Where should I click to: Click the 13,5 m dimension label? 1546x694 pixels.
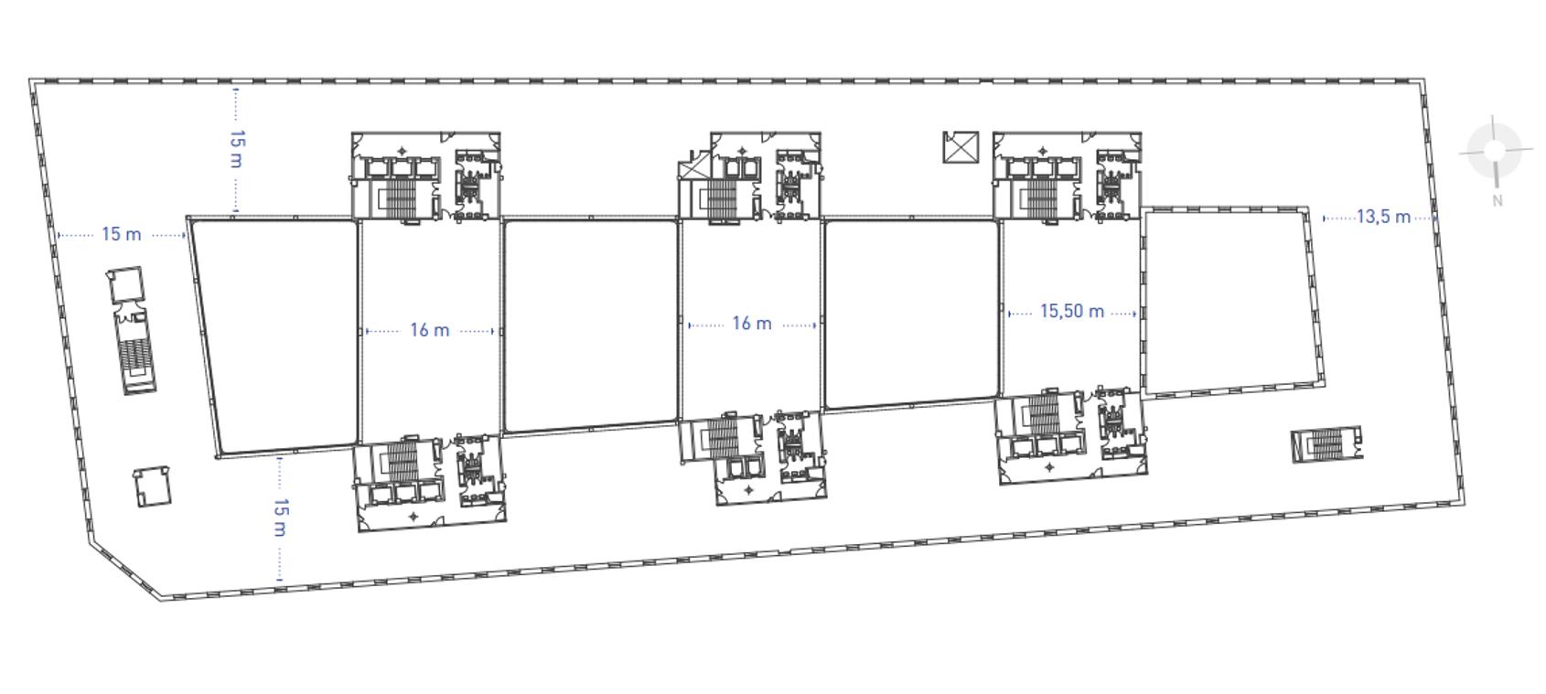(x=1382, y=218)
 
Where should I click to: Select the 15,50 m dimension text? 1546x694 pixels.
(x=1071, y=312)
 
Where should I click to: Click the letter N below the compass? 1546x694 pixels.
(x=1497, y=201)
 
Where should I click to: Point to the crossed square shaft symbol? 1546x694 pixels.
(x=961, y=147)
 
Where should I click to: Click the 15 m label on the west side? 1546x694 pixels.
(x=121, y=235)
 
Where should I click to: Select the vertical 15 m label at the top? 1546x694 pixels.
(x=237, y=149)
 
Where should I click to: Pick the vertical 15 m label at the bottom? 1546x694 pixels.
(x=281, y=518)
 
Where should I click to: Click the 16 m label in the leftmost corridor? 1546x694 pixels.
(x=429, y=330)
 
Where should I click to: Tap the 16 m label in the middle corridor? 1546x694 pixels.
(x=751, y=324)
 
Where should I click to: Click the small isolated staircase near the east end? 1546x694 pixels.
(x=1326, y=445)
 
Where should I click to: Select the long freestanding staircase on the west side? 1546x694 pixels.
(x=135, y=352)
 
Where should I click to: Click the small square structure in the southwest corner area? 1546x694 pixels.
(x=152, y=487)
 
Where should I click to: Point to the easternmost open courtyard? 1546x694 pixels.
(x=1228, y=302)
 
